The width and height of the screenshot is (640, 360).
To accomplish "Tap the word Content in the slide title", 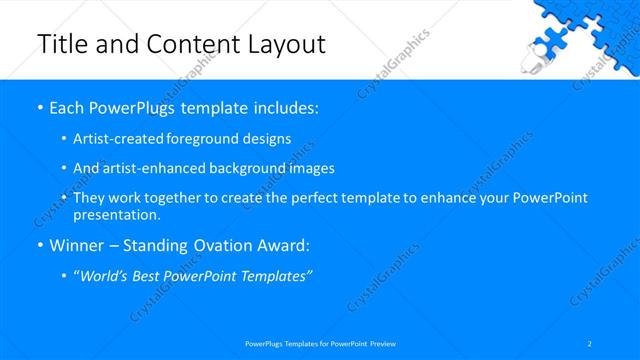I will coord(186,44).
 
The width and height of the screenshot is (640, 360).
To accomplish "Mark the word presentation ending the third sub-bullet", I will coord(116,215).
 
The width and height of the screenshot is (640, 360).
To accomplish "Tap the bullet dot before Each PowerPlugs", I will coord(39,108).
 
